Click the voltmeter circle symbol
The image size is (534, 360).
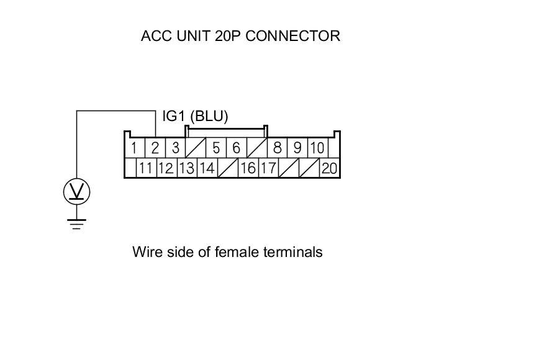point(77,192)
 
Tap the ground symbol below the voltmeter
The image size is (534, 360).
point(77,223)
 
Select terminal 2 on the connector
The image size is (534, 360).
point(155,148)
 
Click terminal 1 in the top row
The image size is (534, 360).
point(134,148)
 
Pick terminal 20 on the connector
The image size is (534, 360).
point(329,168)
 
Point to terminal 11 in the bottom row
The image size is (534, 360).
point(146,168)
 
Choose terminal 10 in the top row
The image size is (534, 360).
point(317,148)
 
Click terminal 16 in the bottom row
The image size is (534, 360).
point(248,168)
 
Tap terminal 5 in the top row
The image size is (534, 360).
point(216,148)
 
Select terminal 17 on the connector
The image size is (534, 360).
point(268,168)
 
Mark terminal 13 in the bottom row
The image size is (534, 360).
point(187,168)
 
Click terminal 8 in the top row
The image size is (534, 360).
point(278,148)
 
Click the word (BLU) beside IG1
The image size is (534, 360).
point(209,116)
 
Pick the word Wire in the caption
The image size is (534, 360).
point(146,252)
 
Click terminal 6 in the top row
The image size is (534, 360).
point(237,148)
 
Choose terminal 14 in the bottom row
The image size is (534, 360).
point(207,168)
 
